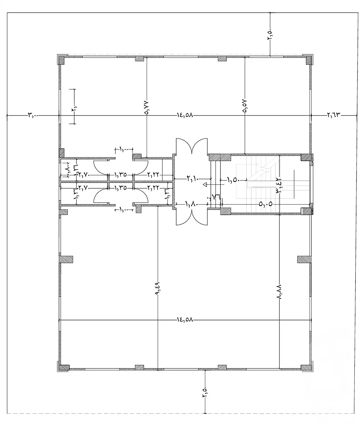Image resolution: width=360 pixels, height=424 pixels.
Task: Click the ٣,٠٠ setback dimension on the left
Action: pos(34,115)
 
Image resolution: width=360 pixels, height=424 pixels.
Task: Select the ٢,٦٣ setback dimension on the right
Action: pos(333,115)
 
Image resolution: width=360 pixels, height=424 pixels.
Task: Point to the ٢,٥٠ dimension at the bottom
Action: pos(205,393)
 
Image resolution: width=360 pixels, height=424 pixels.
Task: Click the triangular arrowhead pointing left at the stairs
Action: pos(205,184)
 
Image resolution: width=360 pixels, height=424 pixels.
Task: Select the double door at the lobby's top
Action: pos(192,147)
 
